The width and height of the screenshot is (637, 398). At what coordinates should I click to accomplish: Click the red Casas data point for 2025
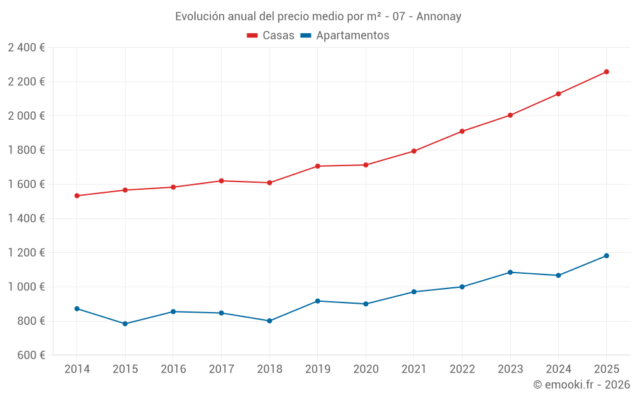(x=606, y=72)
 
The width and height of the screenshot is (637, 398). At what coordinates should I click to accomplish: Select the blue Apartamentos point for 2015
(x=125, y=323)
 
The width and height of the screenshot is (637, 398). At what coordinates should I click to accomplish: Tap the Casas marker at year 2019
(x=317, y=166)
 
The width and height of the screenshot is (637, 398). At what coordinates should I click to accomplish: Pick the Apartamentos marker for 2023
(x=510, y=273)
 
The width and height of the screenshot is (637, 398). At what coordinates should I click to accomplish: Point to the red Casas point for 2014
(x=77, y=195)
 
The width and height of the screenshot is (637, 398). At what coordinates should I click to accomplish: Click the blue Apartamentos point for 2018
(x=269, y=321)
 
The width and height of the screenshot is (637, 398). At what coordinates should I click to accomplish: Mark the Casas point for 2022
(x=462, y=131)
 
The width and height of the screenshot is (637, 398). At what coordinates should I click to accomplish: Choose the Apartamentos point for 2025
(x=606, y=256)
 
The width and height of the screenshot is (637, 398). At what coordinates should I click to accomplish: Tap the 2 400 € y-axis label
(x=26, y=48)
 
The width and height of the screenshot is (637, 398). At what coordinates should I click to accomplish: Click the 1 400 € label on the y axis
(x=26, y=218)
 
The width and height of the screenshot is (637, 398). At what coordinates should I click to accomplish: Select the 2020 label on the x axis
(x=366, y=369)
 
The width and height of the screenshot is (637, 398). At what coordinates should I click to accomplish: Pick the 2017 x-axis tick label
(x=221, y=369)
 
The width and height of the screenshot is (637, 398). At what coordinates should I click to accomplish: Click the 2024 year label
(x=558, y=369)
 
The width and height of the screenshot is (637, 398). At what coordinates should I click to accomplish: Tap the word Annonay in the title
(x=438, y=16)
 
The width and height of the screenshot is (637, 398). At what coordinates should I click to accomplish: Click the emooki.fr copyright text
(x=581, y=385)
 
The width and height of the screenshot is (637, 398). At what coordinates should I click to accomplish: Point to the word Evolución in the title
(x=199, y=16)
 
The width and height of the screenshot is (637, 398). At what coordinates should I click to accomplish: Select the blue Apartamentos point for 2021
(x=413, y=292)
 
